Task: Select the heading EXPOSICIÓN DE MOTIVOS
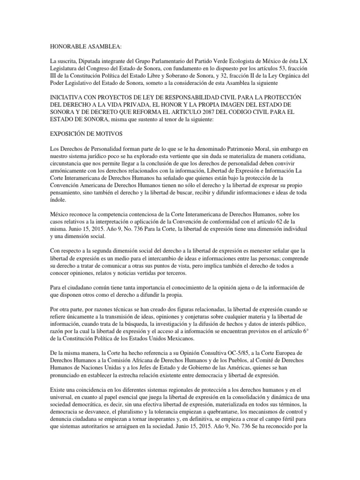coord(86,134)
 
